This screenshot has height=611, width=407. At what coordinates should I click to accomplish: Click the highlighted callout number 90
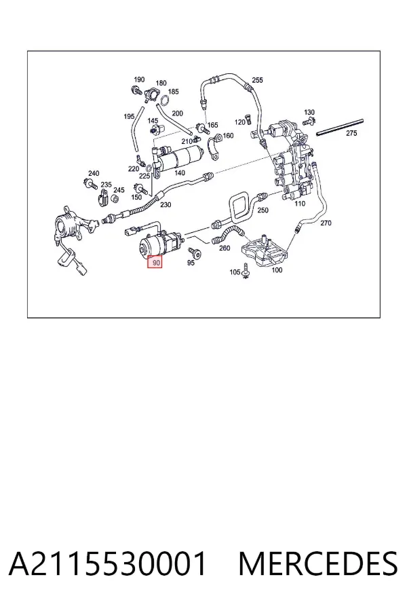[x=156, y=263]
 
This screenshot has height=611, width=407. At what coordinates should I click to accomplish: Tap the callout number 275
[x=351, y=133]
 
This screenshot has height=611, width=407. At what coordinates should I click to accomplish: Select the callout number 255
[x=258, y=80]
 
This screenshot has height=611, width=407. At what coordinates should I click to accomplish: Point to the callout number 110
[x=300, y=204]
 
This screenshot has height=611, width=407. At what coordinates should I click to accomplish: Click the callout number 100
[x=277, y=270]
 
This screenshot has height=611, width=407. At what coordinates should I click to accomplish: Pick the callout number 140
[x=180, y=173]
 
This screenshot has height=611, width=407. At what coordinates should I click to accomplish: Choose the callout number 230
[x=166, y=204]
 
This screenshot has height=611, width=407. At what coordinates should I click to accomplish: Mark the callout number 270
[x=326, y=223]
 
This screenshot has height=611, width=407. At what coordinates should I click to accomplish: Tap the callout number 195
[x=129, y=116]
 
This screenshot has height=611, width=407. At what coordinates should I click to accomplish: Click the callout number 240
[x=94, y=173]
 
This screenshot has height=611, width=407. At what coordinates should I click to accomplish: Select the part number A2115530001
[x=107, y=564]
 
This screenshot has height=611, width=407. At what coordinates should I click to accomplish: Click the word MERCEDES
[x=318, y=564]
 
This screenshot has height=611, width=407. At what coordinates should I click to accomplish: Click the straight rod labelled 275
[x=340, y=128]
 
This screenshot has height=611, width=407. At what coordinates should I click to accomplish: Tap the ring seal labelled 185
[x=164, y=100]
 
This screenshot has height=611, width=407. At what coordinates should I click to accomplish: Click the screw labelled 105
[x=246, y=272]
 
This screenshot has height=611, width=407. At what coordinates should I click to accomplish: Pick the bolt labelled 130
[x=309, y=120]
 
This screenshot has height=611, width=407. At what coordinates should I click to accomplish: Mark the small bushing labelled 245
[x=115, y=200]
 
